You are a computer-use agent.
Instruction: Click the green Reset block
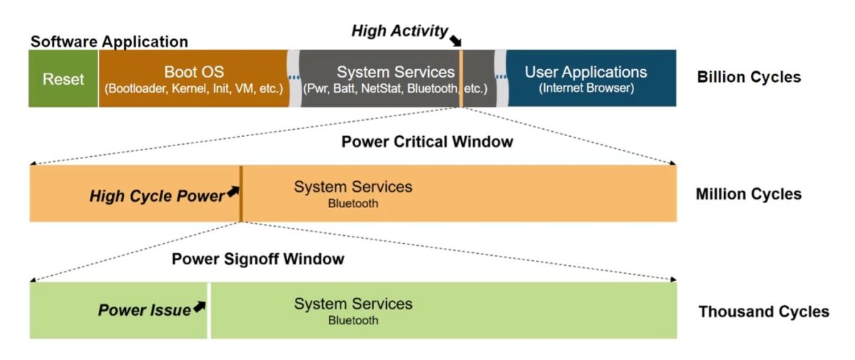tap(63, 79)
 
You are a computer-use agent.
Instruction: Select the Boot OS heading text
tap(194, 72)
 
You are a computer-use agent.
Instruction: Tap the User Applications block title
tap(586, 72)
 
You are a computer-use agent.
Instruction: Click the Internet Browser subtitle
tap(586, 89)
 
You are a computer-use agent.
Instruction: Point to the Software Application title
tap(109, 41)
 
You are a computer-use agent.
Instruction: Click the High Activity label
tap(400, 31)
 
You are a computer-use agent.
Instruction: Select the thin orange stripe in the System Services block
tap(461, 78)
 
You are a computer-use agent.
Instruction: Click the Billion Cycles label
tap(749, 77)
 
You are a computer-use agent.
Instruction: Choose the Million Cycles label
tap(749, 194)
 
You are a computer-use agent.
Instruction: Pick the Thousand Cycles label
tap(764, 312)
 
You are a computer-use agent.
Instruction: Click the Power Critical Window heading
tap(427, 142)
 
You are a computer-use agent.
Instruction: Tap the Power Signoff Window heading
tap(258, 259)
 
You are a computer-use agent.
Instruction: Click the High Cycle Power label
tap(157, 196)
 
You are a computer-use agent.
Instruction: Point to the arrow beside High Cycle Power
tap(232, 192)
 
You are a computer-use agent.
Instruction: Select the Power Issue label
tap(145, 310)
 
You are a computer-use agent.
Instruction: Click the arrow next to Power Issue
tap(199, 307)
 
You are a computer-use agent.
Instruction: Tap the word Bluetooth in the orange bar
tap(353, 204)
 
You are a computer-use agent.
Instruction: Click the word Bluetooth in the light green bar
tap(353, 321)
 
